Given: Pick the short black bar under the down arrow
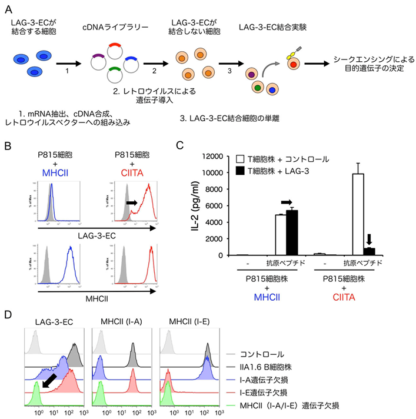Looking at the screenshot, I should [370, 251].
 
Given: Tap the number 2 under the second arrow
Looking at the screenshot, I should [154, 71].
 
